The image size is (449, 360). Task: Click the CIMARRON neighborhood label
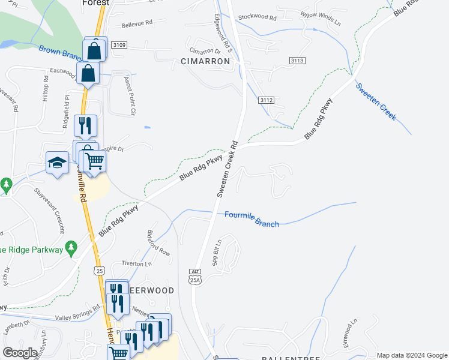tap(205, 61)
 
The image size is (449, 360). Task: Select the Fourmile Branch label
tap(252, 219)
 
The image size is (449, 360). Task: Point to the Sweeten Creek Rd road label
tap(228, 169)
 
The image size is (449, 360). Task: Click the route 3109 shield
tap(119, 45)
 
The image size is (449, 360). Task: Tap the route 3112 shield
tap(267, 100)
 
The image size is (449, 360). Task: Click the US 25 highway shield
tap(99, 271)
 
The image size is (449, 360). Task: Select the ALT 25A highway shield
tap(194, 276)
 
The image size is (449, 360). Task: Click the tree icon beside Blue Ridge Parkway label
tap(71, 247)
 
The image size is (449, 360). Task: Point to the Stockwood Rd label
tap(256, 19)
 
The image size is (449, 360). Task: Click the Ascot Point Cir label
tap(130, 95)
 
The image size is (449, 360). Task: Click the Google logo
tap(20, 353)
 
